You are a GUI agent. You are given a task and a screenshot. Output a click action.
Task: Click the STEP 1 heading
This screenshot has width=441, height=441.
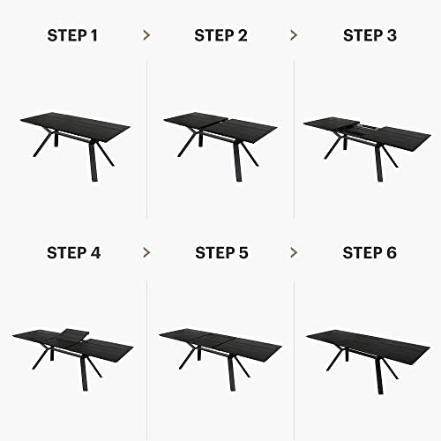[x=73, y=35]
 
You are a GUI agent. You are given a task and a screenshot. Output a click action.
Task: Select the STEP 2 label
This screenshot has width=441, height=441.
[x=220, y=35]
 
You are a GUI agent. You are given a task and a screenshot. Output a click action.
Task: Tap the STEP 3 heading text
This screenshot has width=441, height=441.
[x=368, y=35]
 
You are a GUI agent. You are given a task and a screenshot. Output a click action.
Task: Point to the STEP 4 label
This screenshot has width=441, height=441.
[x=73, y=253]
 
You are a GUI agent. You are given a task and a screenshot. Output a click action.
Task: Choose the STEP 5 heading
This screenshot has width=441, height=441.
[x=220, y=253]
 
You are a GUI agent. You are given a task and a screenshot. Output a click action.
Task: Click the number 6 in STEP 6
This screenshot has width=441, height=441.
[x=392, y=253]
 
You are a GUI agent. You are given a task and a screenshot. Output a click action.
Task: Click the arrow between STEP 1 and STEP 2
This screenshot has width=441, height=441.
[x=146, y=35]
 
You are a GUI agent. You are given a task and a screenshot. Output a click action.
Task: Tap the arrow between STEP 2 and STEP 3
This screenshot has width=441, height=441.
[x=294, y=35]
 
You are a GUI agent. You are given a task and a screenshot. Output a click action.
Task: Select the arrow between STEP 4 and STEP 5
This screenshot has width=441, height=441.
[x=146, y=253]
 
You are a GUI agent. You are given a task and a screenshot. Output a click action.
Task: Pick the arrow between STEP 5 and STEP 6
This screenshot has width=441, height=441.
[x=294, y=253]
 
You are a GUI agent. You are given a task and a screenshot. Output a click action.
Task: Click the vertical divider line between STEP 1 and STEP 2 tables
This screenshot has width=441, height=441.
[x=146, y=141]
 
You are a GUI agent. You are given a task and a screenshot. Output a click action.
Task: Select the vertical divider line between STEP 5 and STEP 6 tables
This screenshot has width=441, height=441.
[x=294, y=353]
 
